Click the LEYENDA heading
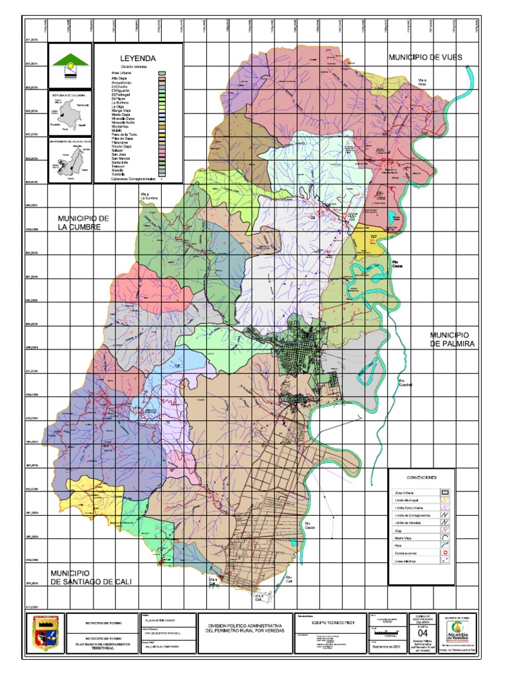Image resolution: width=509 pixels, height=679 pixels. click(137, 58)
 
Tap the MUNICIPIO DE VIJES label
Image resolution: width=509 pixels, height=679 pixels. click(425, 58)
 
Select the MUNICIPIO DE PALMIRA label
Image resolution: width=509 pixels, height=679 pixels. click(449, 339)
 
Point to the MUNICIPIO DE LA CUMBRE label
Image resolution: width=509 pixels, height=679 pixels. click(79, 223)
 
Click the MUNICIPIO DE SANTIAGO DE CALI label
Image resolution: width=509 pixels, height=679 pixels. click(91, 577)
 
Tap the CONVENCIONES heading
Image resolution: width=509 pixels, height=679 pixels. click(421, 477)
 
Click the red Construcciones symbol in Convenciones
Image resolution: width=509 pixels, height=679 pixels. click(445, 552)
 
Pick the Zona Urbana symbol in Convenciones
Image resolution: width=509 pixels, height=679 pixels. click(445, 493)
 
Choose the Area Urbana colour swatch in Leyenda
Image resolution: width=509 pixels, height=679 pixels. click(162, 73)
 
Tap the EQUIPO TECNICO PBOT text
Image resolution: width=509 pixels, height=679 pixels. click(329, 623)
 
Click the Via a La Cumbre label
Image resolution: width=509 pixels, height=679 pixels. click(147, 197)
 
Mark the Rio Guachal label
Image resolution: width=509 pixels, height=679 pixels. click(396, 383)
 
